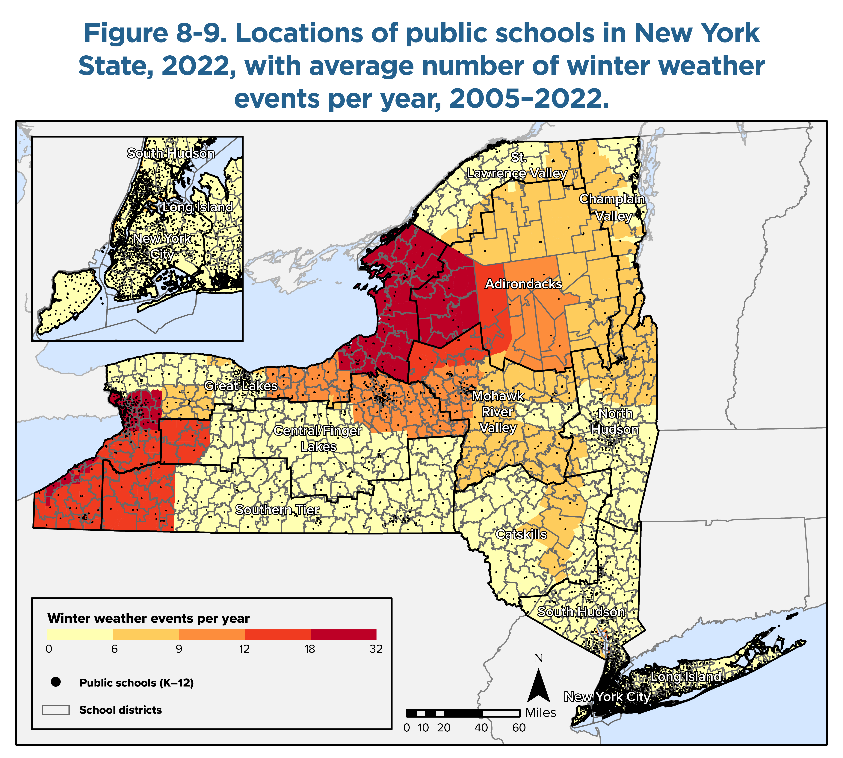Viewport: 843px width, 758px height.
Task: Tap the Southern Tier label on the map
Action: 277,510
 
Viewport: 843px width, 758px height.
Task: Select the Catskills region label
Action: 521,534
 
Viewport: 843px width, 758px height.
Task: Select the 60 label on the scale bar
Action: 519,728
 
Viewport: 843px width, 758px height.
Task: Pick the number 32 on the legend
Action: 376,649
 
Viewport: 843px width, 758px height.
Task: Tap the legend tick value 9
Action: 179,649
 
